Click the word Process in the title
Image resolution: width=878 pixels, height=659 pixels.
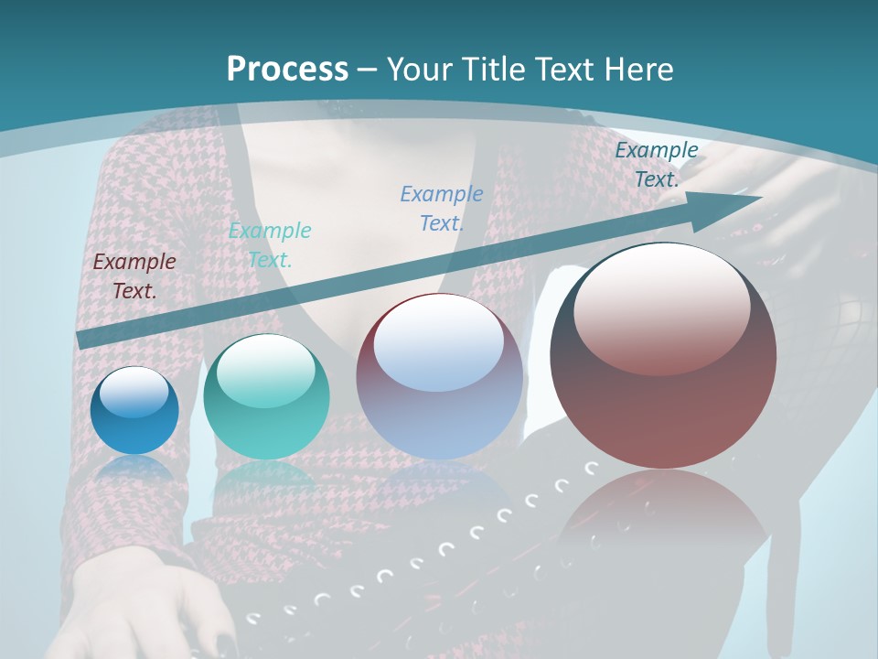[x=287, y=70]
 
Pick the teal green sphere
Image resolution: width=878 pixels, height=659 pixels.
[x=266, y=397]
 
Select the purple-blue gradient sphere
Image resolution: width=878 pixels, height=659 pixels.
[x=439, y=377]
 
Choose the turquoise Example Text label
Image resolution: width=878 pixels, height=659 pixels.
[x=270, y=244]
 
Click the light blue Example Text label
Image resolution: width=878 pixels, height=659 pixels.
[x=442, y=208]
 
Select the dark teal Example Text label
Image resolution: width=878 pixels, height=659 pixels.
[x=656, y=165]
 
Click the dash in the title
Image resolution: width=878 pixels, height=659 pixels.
[x=368, y=70]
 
